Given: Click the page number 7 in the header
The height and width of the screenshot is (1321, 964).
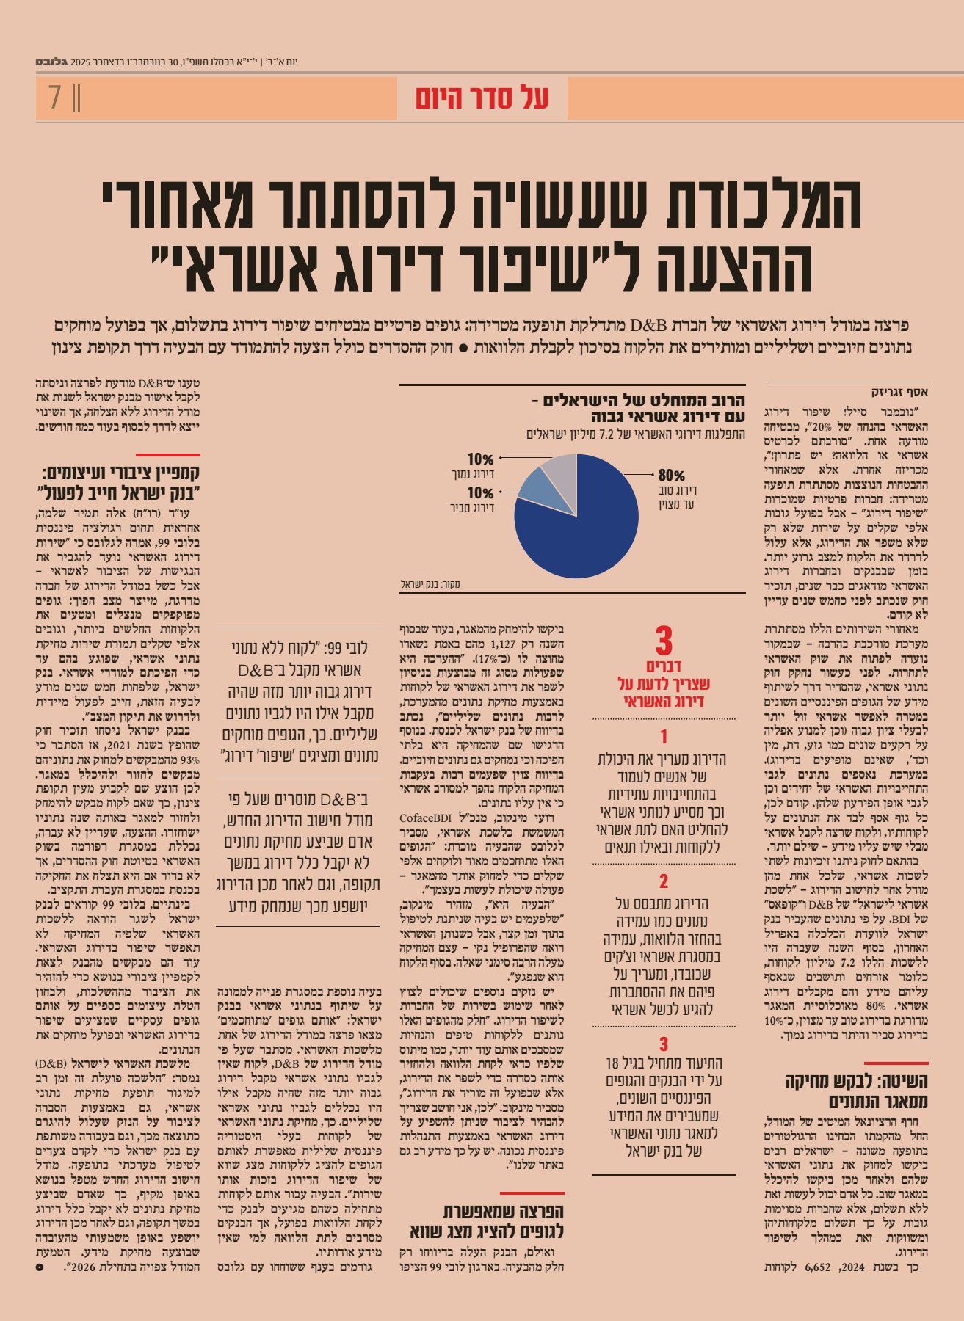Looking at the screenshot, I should [55, 98].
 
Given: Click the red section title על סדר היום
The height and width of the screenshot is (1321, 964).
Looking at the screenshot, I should [482, 98].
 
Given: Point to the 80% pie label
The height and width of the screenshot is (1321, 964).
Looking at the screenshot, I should [671, 475].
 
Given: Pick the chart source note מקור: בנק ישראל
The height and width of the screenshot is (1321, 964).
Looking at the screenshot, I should [430, 584].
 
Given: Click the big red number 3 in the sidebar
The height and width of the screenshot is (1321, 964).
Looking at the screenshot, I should [663, 641].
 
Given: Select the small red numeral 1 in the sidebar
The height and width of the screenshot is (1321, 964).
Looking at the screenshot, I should [663, 736].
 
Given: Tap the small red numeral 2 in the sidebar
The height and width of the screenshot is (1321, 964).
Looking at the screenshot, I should [663, 881].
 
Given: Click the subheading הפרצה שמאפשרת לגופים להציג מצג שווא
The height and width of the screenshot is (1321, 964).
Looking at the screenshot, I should [487, 1221].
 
